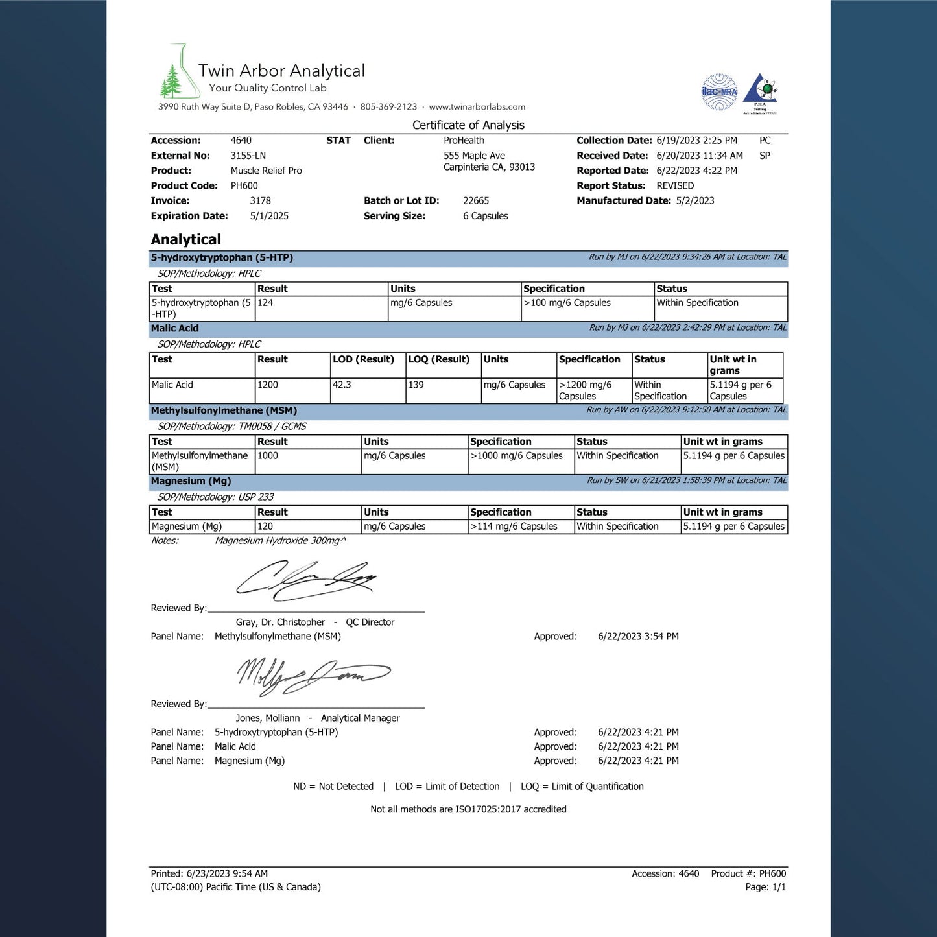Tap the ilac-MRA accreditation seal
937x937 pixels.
tap(719, 91)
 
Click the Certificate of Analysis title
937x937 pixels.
tap(468, 125)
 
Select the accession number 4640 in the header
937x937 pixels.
tap(241, 141)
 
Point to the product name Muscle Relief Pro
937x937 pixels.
tap(266, 171)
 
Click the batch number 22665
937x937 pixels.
tap(476, 201)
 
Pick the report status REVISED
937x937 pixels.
tap(675, 186)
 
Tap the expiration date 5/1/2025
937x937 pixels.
tap(269, 216)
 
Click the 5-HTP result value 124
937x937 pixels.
tap(265, 303)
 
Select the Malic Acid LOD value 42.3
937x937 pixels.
tap(342, 385)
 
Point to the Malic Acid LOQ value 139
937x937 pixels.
tap(416, 385)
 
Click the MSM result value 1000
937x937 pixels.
tap(268, 456)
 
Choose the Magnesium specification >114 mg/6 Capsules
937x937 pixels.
tap(514, 527)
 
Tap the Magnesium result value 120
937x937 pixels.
tap(265, 527)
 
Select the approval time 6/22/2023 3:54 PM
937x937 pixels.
tap(638, 637)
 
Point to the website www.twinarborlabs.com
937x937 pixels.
tap(477, 107)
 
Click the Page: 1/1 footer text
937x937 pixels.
tap(765, 887)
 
